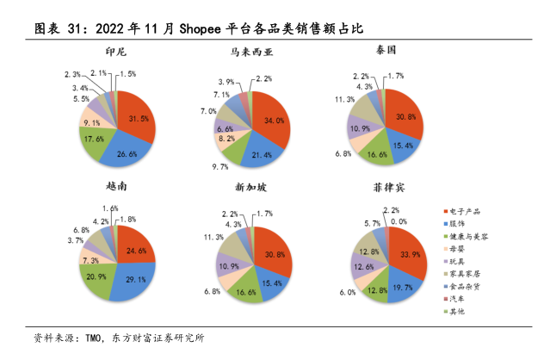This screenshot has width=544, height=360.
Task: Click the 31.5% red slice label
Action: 139,117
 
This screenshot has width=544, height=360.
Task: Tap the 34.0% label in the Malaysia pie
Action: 275,121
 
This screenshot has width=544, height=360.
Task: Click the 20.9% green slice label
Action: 96,276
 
